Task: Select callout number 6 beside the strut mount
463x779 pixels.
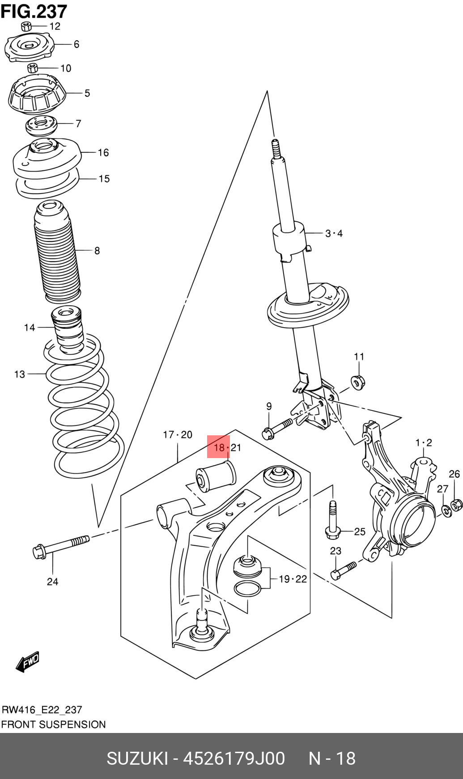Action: pyautogui.click(x=76, y=44)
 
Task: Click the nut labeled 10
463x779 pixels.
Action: pyautogui.click(x=32, y=68)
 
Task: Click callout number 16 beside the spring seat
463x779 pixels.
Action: pyautogui.click(x=103, y=153)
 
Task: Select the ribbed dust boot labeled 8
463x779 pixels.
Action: pyautogui.click(x=57, y=253)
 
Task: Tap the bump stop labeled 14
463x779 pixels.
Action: pyautogui.click(x=67, y=328)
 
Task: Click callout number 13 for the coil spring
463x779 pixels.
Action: pyautogui.click(x=19, y=374)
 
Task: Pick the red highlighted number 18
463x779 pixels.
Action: pyautogui.click(x=218, y=447)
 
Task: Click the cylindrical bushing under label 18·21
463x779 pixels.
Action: pyautogui.click(x=216, y=477)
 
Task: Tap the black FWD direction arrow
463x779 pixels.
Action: pyautogui.click(x=28, y=661)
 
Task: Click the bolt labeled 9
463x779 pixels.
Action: pyautogui.click(x=277, y=427)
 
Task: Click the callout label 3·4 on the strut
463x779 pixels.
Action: pyautogui.click(x=334, y=233)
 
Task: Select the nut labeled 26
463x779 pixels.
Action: pyautogui.click(x=456, y=505)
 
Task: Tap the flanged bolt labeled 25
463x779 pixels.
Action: pyautogui.click(x=333, y=521)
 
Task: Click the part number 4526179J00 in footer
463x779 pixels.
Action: pyautogui.click(x=234, y=758)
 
